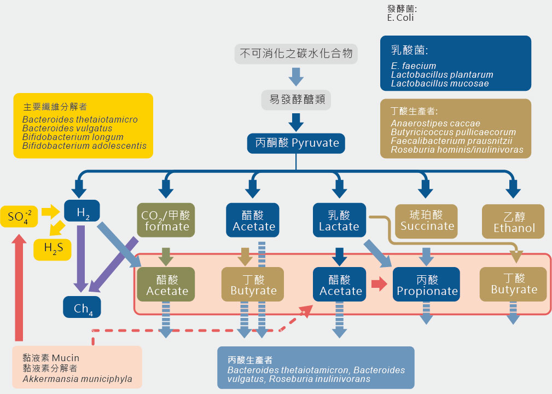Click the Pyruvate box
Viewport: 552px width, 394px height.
coord(297,143)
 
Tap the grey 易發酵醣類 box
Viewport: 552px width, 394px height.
coord(296,100)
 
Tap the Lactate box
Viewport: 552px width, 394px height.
coord(339,221)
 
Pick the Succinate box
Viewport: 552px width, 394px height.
coord(427,220)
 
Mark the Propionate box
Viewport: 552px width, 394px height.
coord(427,285)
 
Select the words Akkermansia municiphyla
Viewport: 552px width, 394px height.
coord(77,379)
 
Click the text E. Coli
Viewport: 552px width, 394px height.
coord(400,18)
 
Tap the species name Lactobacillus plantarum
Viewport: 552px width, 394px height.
coord(442,74)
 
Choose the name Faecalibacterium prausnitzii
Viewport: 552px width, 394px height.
coord(452,141)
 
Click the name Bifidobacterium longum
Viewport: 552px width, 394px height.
coord(73,137)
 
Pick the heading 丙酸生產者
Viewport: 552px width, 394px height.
coord(250,360)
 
